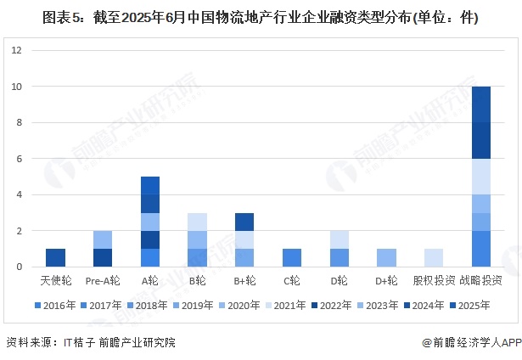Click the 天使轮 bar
[55, 257]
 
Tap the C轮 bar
[291, 257]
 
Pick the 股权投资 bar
[433, 257]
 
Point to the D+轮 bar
[386, 257]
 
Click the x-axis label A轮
[149, 280]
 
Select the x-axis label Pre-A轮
[102, 280]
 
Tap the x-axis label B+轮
[244, 280]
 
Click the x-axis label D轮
[339, 280]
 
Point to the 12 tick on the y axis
[16, 50]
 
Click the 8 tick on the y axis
[19, 122]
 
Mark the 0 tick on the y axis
[19, 267]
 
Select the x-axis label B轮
[197, 280]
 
